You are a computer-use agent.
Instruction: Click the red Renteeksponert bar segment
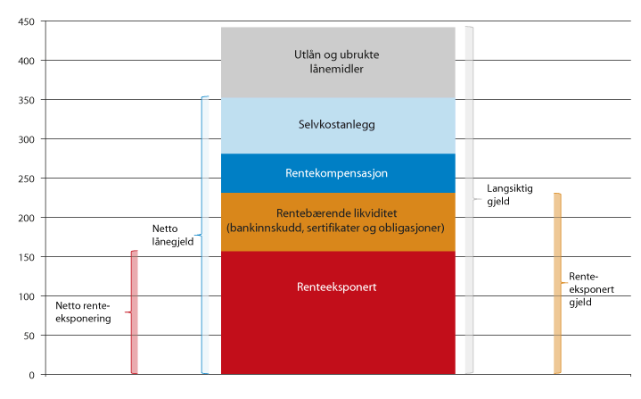coord(338,312)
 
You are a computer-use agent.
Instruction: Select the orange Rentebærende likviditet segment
coord(338,221)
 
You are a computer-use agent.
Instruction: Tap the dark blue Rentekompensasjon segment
coord(338,173)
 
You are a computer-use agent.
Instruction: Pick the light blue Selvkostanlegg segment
coord(338,126)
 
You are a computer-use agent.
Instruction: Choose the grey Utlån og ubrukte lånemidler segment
coord(338,62)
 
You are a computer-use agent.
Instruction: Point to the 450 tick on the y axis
coord(26,21)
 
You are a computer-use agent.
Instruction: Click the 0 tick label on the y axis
coord(31,375)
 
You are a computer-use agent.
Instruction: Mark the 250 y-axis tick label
coord(26,179)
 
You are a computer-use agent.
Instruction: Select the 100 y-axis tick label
coord(26,296)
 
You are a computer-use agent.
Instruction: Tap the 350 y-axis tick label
coord(26,100)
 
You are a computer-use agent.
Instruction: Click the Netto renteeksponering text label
coord(83,312)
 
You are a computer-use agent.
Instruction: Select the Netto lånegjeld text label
coord(173,235)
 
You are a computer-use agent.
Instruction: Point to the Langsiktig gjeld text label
coord(509,195)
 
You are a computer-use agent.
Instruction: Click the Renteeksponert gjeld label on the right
coord(591,289)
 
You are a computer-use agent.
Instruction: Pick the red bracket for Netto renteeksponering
coord(133,312)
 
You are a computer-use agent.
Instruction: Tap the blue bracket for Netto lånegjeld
coord(203,235)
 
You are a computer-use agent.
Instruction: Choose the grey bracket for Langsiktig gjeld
coord(470,200)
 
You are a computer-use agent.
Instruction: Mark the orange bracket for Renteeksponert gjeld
coord(558,283)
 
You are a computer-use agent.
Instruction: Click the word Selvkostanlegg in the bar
coord(336,124)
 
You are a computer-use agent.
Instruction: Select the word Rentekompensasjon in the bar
coord(336,173)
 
